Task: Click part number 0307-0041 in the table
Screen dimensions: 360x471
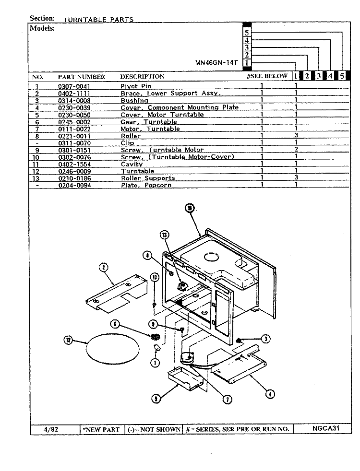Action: (74, 86)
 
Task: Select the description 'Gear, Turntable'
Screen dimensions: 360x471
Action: (149, 122)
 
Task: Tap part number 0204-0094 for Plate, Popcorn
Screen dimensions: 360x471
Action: (74, 185)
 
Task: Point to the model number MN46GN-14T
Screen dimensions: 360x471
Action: (216, 63)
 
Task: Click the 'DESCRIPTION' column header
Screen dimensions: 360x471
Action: (142, 77)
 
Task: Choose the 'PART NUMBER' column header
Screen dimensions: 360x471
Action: (82, 77)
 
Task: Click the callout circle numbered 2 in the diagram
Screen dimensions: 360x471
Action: (104, 267)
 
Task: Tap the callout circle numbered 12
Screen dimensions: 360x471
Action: (69, 341)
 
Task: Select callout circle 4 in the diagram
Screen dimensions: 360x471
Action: (270, 394)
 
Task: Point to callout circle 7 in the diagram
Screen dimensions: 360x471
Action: (227, 399)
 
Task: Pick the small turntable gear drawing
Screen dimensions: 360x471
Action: (155, 337)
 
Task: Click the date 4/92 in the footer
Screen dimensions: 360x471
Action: (51, 429)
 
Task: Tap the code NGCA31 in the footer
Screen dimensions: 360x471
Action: (326, 428)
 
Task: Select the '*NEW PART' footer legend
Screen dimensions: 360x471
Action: (102, 430)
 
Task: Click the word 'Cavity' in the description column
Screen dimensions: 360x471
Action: (132, 164)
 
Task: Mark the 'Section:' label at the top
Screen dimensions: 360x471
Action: (42, 18)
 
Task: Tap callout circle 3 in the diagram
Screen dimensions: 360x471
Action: (265, 339)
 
